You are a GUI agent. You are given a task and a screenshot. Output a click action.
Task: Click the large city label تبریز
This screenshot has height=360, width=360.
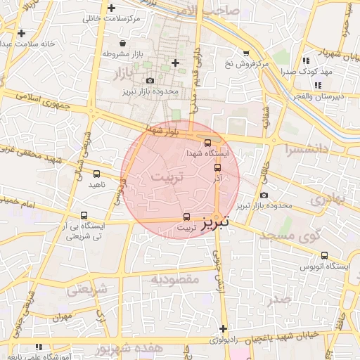(217, 224)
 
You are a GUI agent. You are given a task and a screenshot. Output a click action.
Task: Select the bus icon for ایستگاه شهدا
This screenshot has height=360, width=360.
(207, 143)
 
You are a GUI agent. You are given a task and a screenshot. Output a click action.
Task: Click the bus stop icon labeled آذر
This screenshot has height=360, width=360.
(217, 167)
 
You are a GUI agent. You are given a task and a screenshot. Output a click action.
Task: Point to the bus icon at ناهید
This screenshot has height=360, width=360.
(96, 174)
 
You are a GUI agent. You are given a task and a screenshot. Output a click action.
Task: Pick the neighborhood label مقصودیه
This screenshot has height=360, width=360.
(176, 279)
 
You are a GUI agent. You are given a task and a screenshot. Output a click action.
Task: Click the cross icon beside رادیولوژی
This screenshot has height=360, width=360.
(223, 328)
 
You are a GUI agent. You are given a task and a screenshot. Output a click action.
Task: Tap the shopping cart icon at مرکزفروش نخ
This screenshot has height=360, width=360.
(245, 53)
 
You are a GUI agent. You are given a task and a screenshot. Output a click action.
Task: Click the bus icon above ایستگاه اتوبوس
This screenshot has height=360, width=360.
(324, 255)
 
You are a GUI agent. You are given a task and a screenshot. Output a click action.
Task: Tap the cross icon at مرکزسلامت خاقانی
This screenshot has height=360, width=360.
(112, 8)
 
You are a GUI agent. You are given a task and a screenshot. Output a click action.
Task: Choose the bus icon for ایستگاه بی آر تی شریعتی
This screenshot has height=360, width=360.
(84, 216)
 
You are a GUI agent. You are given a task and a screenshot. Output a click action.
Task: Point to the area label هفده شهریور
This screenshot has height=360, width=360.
(129, 349)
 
